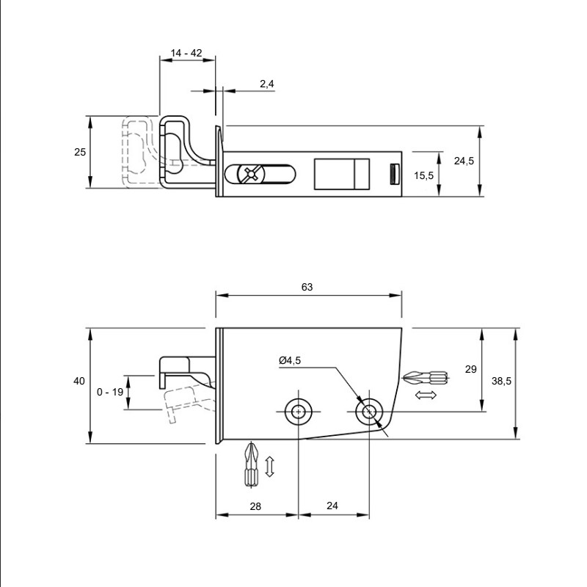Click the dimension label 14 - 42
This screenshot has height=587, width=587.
coord(186,53)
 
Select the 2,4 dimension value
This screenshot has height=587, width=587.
coord(267,84)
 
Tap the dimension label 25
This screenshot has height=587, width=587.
coord(80,152)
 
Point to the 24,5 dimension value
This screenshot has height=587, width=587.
coord(464,161)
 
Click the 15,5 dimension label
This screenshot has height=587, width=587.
coord(424,175)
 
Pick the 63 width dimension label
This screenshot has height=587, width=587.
coord(307,287)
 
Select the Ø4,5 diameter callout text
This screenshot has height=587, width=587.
coord(290,360)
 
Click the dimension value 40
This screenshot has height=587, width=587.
coord(79,381)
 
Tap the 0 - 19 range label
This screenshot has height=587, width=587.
coord(110,392)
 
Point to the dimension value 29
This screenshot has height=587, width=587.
coord(470,369)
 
